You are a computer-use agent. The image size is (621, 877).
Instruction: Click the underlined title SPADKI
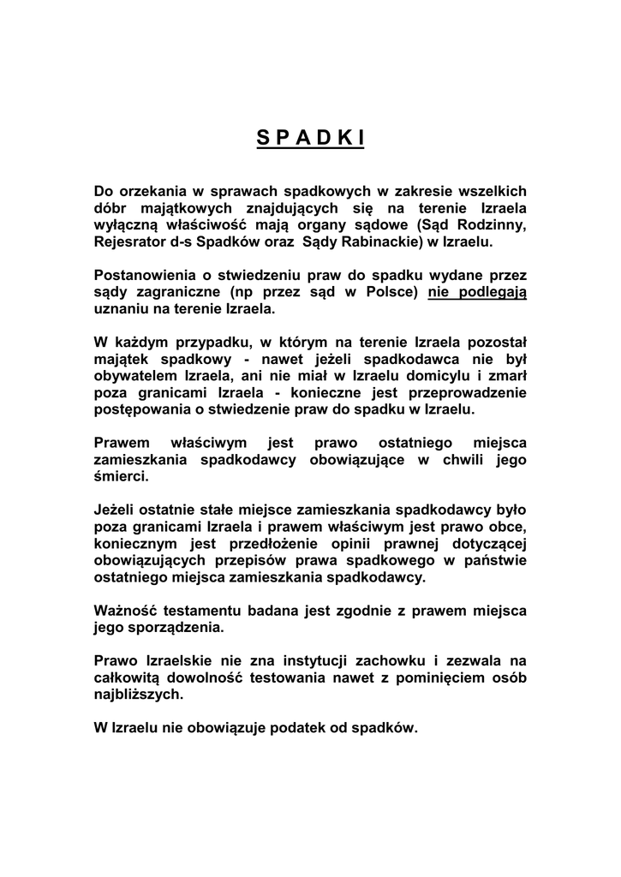pos(310,139)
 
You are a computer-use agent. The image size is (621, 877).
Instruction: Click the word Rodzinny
pos(490,225)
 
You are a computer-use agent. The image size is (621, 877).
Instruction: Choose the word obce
pos(505,527)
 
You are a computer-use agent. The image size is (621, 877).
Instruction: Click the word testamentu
pos(204,611)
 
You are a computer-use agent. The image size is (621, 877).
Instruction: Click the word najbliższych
pos(138,695)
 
